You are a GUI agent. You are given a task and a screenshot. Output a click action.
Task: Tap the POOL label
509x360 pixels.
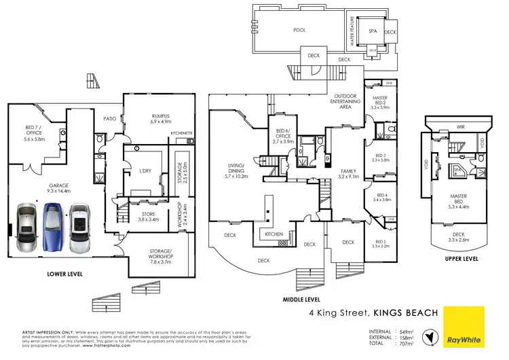(299, 30)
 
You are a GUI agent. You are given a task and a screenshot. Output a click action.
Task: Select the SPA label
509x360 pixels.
(373, 31)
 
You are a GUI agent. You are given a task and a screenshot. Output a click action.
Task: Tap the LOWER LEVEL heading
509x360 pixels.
(66, 274)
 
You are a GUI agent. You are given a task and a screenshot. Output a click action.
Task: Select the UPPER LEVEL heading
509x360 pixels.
(461, 258)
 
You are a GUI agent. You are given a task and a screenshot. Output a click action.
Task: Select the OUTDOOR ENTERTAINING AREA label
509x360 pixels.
(346, 102)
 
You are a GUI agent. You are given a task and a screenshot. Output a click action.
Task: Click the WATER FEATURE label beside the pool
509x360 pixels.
(352, 31)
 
